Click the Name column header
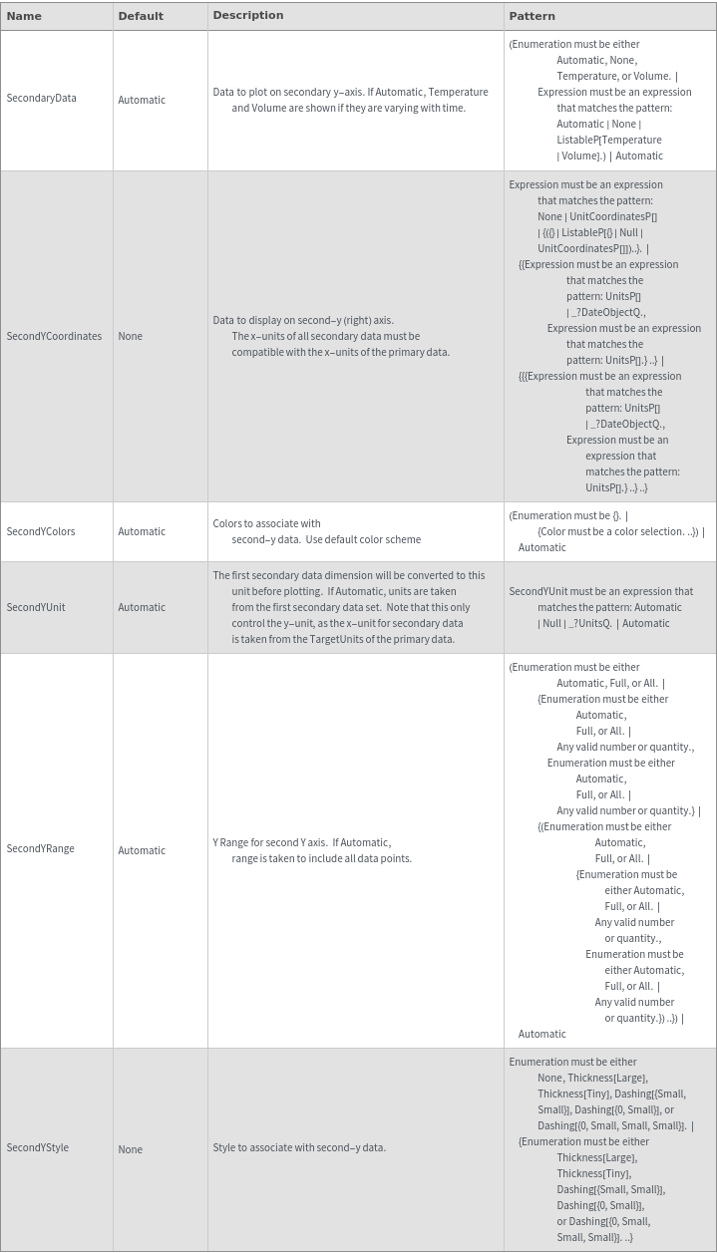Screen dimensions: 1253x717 24,16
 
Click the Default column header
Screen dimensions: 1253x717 141,16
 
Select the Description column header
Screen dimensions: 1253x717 248,15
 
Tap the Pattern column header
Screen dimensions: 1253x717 532,16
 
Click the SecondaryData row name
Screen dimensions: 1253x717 41,99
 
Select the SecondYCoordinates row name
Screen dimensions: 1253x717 54,336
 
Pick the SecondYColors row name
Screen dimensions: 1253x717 41,531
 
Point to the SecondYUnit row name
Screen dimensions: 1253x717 36,607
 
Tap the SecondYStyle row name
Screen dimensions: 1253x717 38,1148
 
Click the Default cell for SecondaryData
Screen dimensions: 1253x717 142,100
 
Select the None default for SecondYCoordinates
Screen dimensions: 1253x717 130,337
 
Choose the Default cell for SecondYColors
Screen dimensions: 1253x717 142,532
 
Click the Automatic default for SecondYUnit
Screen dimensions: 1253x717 142,608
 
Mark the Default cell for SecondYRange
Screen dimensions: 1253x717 142,851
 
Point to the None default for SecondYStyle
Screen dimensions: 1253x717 130,1150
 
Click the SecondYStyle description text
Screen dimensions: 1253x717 299,1148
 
